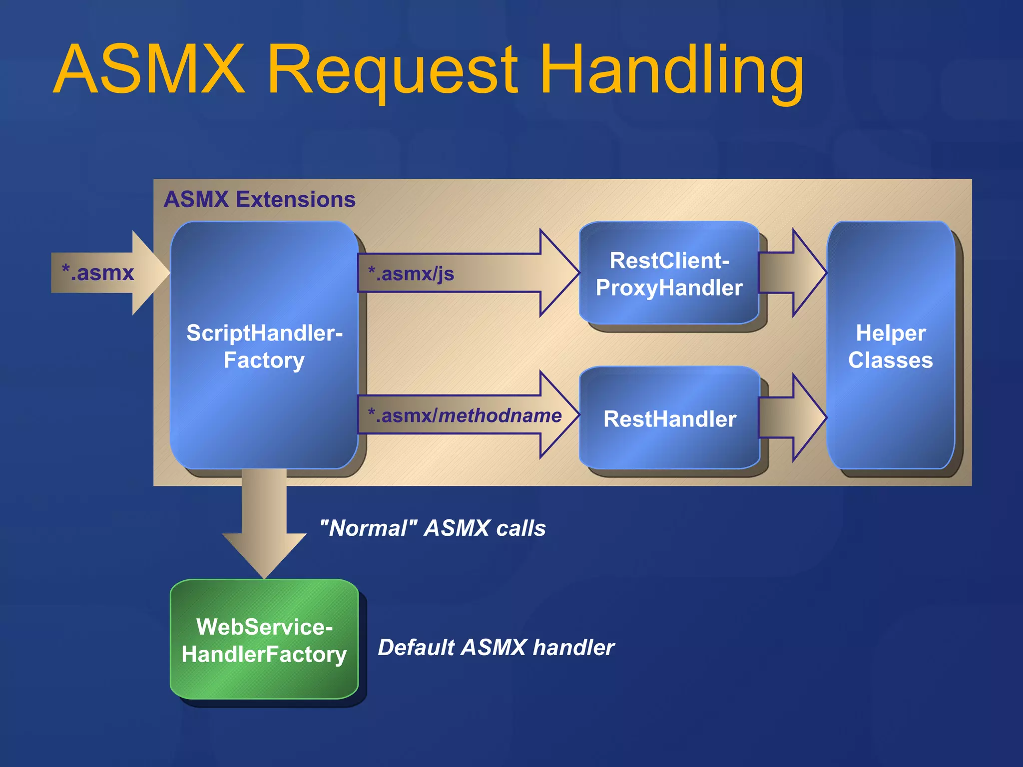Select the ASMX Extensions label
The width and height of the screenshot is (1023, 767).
259,199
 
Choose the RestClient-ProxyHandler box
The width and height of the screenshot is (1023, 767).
669,274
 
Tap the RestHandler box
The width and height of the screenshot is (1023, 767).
669,418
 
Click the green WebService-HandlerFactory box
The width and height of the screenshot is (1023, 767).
264,640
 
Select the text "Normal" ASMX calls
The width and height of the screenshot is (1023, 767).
433,528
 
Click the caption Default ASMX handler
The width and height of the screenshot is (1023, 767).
496,647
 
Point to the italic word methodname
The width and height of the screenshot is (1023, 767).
500,415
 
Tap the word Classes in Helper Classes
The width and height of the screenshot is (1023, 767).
890,360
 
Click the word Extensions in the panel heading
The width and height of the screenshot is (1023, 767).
295,199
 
